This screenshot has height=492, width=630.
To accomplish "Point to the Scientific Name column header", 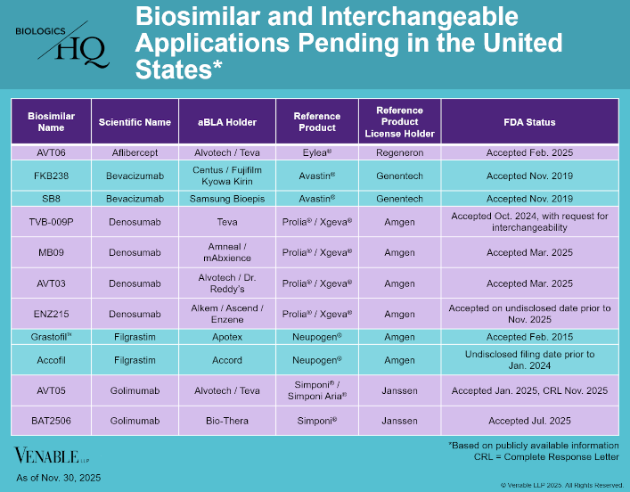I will click(135, 122).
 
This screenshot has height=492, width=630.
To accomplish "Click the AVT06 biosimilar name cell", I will click(52, 152).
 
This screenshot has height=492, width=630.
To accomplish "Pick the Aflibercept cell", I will click(135, 152).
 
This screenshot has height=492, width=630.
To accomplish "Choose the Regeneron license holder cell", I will click(399, 152).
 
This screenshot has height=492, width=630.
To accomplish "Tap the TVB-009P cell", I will click(52, 221).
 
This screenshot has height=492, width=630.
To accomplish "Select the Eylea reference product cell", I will click(316, 152).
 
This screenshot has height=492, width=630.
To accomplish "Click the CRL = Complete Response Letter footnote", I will click(548, 456).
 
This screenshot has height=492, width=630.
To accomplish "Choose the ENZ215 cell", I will click(52, 313).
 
